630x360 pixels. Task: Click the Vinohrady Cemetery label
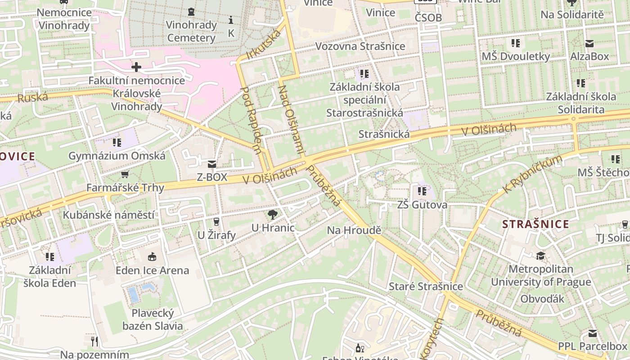point(191,31)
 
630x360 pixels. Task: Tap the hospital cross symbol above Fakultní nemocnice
point(136,67)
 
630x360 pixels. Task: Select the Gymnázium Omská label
point(117,156)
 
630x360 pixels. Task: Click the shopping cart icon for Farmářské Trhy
point(125,174)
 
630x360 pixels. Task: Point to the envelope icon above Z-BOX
point(211,164)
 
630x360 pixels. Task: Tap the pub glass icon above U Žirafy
point(216,221)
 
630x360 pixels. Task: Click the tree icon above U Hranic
point(272,214)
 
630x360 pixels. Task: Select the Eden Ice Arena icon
point(152,257)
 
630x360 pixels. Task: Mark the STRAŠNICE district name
point(535,224)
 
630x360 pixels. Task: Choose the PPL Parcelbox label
point(592,346)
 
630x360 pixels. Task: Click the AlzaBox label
point(589,56)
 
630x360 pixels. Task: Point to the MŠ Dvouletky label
point(516,56)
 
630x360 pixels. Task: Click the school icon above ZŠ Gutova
point(422,191)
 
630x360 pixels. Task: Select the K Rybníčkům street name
point(533,175)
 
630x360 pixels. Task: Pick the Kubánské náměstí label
point(108,215)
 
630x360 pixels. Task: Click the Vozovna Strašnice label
point(360,46)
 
